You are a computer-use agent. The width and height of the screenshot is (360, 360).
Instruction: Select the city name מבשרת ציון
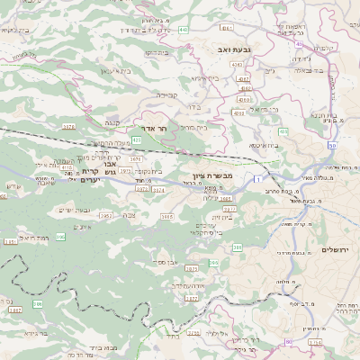tap(212, 176)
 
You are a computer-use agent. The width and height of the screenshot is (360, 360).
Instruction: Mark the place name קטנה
tap(112, 121)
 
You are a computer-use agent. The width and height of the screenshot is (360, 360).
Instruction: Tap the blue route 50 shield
tap(332, 145)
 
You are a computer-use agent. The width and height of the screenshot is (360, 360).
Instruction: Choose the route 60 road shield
tap(288, 342)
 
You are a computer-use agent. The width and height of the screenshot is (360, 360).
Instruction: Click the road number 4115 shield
tap(66, 166)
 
